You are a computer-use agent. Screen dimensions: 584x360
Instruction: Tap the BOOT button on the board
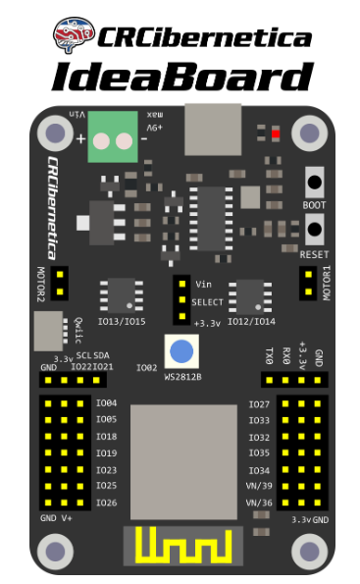[x=315, y=182]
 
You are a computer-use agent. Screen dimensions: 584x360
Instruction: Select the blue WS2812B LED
[x=180, y=350]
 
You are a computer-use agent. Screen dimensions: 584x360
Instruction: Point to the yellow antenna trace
[x=180, y=546]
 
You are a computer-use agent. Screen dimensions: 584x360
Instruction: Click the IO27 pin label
[x=259, y=404]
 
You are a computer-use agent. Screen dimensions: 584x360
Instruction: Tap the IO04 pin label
[x=106, y=403]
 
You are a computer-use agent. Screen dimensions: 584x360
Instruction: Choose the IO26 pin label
[x=106, y=503]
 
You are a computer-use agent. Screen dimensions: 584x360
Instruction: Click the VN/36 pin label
[x=257, y=503]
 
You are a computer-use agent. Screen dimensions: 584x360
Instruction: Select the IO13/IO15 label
[x=123, y=320]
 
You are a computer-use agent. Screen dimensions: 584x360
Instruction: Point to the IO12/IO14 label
[x=253, y=320]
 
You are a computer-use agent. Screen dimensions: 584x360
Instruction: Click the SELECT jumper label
[x=208, y=302]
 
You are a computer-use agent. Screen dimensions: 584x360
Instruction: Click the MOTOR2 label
[x=41, y=284]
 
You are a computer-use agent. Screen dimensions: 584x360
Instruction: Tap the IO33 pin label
[x=259, y=421]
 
